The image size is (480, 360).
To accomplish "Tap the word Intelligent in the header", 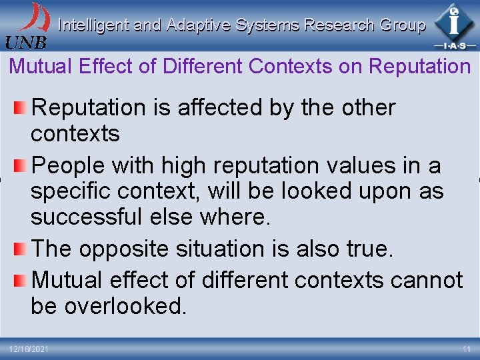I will pyautogui.click(x=93, y=25).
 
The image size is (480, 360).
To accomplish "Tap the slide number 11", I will pyautogui.click(x=465, y=349).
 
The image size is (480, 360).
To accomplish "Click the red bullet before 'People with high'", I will pyautogui.click(x=21, y=164).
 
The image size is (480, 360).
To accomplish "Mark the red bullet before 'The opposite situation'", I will pyautogui.click(x=21, y=249).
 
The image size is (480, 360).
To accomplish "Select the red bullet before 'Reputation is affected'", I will pyautogui.click(x=21, y=107).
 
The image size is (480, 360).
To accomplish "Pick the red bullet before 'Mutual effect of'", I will pyautogui.click(x=21, y=279).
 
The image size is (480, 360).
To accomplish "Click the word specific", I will pyautogui.click(x=70, y=191).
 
